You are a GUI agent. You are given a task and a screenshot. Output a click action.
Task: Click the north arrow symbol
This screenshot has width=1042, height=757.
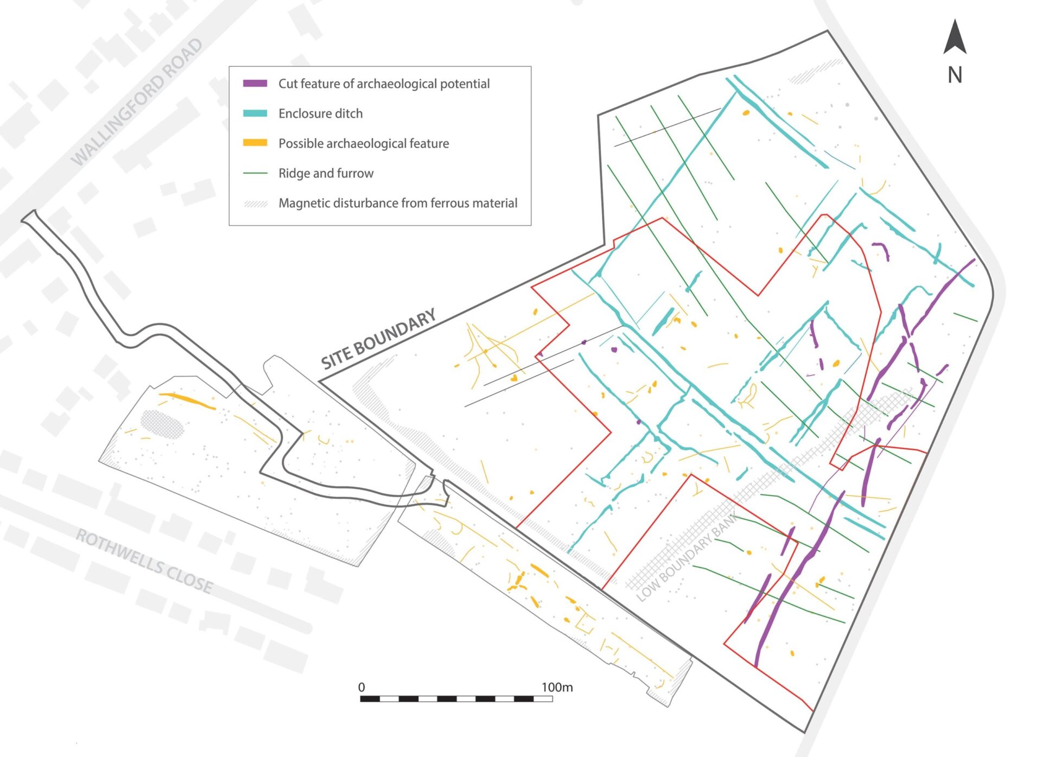[x=955, y=37]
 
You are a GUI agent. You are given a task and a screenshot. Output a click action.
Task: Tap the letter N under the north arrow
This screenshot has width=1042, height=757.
[x=955, y=75]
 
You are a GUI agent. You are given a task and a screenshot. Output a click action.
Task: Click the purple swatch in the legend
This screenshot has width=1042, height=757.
[x=255, y=84]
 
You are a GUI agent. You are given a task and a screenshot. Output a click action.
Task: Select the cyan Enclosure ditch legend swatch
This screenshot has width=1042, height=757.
[x=255, y=113]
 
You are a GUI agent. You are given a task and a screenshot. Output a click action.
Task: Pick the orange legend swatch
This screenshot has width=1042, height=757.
[x=255, y=143]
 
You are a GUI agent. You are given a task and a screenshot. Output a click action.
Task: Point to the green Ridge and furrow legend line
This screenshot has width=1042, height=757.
[x=255, y=173]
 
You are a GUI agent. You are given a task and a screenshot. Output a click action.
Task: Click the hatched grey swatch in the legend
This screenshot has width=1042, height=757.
[x=256, y=203]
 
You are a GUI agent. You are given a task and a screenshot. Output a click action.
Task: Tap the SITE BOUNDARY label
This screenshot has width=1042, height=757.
[x=378, y=339]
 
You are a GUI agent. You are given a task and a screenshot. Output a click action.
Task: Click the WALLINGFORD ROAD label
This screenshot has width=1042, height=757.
[x=137, y=102]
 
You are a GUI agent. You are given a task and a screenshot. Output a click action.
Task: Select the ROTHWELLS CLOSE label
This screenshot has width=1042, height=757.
[x=144, y=561]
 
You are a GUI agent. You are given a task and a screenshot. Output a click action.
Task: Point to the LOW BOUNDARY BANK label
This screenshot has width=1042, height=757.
[x=687, y=556]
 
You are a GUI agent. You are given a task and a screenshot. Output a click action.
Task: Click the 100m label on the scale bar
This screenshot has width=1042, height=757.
[x=557, y=687]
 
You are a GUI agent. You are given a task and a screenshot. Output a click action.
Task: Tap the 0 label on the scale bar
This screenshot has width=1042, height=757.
[x=361, y=687]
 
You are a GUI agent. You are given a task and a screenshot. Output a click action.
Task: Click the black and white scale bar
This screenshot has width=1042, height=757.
[x=456, y=698]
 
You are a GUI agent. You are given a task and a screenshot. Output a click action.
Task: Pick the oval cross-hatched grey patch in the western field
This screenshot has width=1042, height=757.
[x=162, y=423]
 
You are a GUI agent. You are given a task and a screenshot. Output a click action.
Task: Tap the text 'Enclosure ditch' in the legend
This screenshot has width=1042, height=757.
[x=320, y=113]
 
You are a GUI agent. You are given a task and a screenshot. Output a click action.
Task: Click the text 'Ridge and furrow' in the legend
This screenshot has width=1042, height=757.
[x=326, y=173]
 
